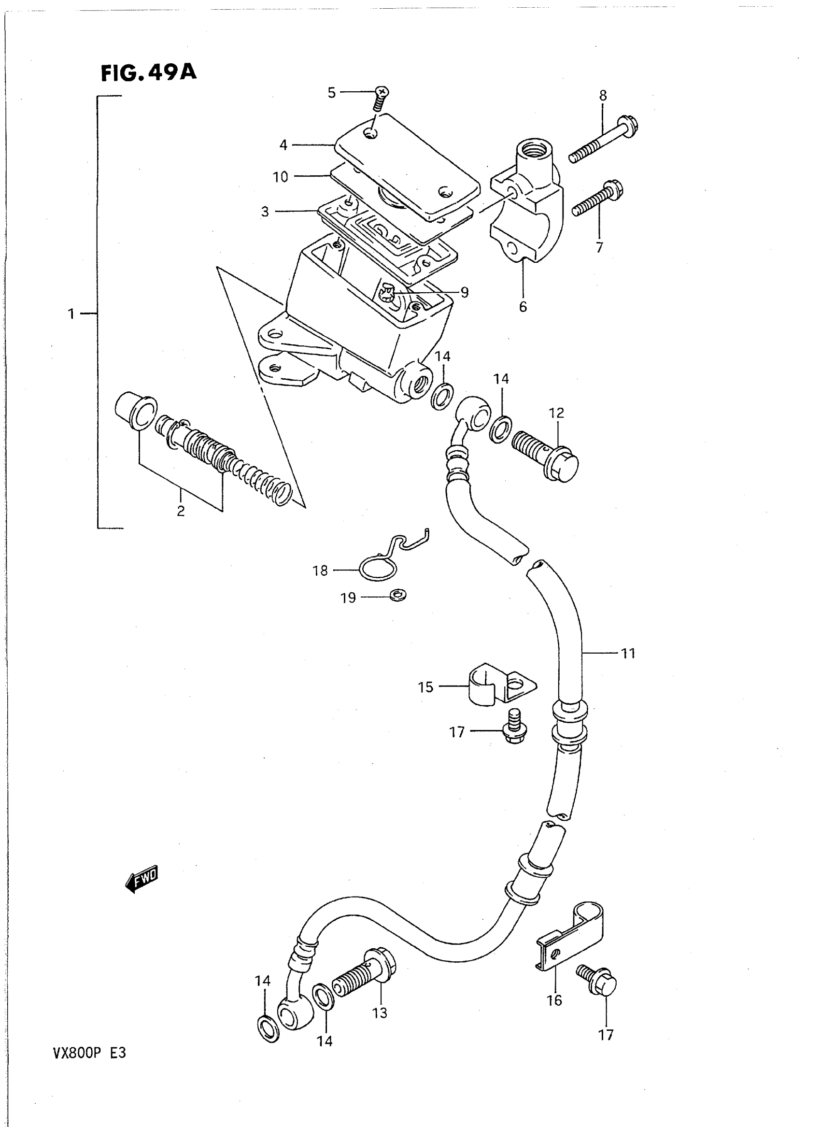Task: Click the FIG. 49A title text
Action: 149,73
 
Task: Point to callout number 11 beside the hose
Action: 628,653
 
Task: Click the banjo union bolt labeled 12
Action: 546,454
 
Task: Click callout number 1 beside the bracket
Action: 71,314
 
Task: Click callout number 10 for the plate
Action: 280,176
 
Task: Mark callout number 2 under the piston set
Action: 181,510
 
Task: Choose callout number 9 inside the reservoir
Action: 464,292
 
